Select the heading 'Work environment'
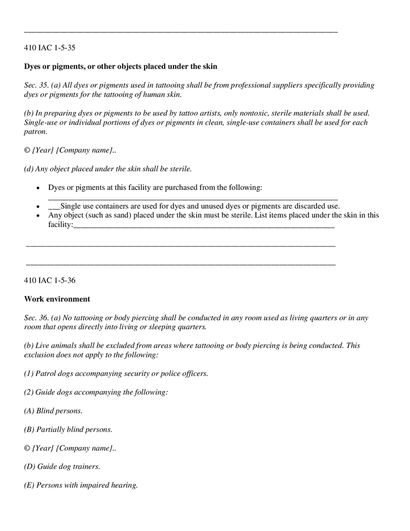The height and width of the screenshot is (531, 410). [57, 299]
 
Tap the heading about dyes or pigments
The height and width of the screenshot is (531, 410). [120, 66]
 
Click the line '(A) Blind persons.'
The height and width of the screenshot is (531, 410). [53, 411]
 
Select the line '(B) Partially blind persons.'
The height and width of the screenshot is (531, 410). [68, 430]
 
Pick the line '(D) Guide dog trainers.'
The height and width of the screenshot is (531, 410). [62, 467]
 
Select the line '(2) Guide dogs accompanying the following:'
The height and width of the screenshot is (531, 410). [96, 392]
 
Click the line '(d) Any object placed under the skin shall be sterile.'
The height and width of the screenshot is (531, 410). [107, 169]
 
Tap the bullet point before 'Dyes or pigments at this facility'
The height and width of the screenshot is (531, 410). [38, 188]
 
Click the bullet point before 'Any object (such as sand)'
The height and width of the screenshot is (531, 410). [38, 216]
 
